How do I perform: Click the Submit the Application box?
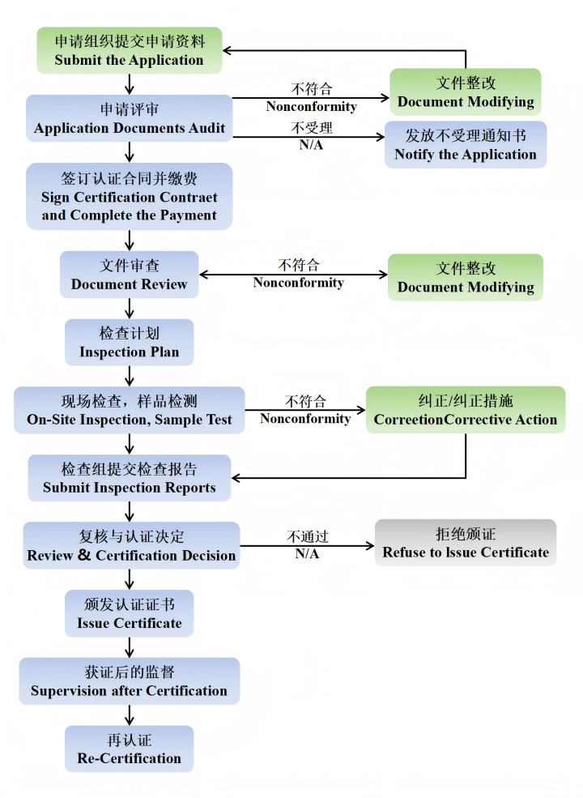click(x=130, y=50)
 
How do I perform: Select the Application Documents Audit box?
click(x=130, y=118)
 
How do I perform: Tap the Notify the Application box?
click(x=466, y=145)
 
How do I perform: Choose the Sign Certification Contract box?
click(x=130, y=196)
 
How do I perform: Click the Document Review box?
click(x=130, y=275)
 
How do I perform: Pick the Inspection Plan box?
click(x=130, y=342)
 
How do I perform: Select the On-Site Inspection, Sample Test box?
click(x=130, y=410)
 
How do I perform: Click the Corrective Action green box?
click(x=466, y=410)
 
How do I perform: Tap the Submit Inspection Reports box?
click(x=130, y=478)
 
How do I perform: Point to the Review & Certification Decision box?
click(x=131, y=545)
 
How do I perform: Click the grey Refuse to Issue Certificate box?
click(x=466, y=543)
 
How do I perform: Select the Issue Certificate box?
click(x=130, y=613)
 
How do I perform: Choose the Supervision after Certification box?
click(x=130, y=681)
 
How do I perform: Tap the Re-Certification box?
click(x=130, y=749)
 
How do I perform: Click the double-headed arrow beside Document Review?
click(x=293, y=275)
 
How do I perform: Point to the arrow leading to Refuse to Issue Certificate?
click(x=308, y=545)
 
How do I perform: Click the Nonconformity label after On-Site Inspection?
click(x=305, y=419)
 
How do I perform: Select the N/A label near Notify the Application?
click(x=311, y=146)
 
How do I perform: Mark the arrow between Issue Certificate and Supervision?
click(x=130, y=647)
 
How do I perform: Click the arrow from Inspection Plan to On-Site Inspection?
click(x=130, y=375)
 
